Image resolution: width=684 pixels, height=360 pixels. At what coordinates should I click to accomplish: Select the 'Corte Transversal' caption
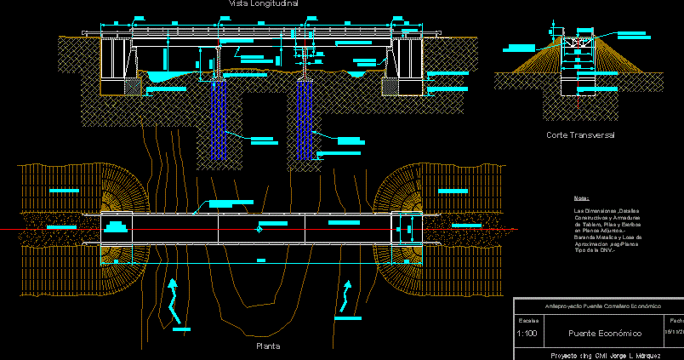tap(580, 135)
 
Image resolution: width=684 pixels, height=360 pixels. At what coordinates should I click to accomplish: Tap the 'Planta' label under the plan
tap(268, 346)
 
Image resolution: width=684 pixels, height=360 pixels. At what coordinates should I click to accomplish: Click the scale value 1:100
tap(527, 333)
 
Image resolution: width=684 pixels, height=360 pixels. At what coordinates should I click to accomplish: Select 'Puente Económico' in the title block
tap(605, 333)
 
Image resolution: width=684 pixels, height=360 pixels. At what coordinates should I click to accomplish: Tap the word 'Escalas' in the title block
tap(527, 320)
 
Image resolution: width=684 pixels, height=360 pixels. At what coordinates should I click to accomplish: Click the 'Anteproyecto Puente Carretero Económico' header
tap(601, 306)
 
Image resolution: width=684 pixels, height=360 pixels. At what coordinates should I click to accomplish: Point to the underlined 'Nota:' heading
tap(582, 198)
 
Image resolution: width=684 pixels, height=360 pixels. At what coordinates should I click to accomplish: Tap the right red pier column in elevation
tap(305, 68)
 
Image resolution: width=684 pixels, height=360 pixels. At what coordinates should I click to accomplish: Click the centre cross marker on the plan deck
tap(258, 229)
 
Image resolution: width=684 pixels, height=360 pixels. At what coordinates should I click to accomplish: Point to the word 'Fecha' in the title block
tap(676, 320)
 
